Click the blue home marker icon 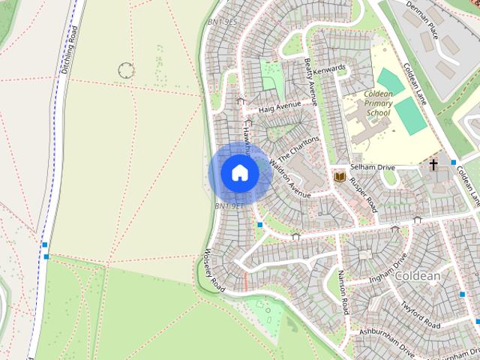[240, 173]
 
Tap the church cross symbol [433, 163]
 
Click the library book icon [340, 176]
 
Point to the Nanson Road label [343, 292]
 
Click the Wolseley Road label [214, 270]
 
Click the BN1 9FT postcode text [229, 205]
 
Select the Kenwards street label [331, 69]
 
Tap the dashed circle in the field [127, 71]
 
